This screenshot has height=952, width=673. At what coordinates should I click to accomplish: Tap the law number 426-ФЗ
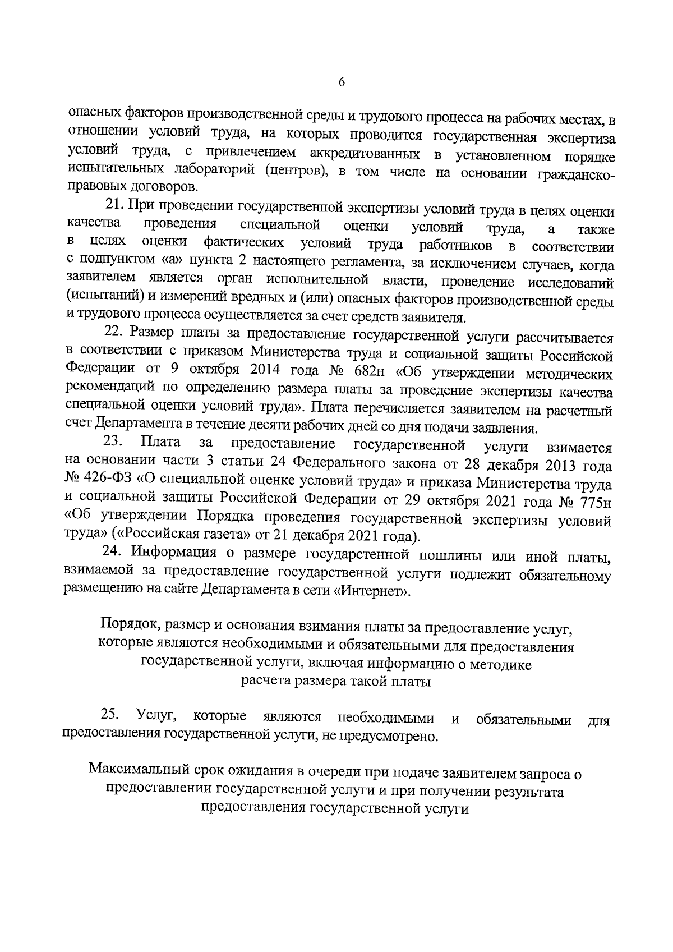tap(99, 481)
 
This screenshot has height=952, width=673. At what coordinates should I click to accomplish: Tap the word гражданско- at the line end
tap(576, 175)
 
